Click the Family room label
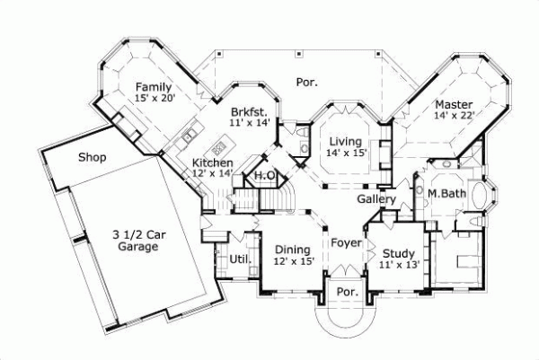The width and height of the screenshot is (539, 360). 152,86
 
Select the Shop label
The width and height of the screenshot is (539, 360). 92,158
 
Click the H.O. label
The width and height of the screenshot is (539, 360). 265,176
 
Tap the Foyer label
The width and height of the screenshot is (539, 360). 346,243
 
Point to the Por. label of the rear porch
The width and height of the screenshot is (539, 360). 306,82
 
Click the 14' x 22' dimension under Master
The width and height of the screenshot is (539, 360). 454,115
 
